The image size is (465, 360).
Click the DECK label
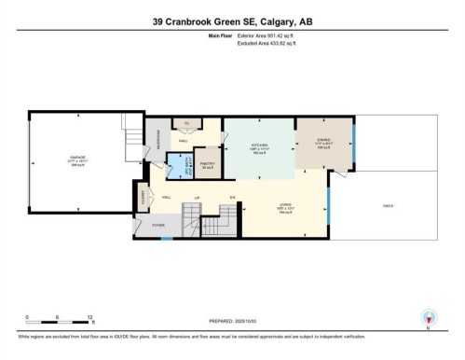click(x=387, y=205)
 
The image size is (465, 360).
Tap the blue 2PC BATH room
click(x=175, y=169)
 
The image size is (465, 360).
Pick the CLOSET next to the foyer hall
click(x=144, y=197)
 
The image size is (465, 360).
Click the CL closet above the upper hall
click(x=186, y=123)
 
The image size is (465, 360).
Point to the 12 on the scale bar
click(x=88, y=316)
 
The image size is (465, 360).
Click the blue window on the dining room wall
click(x=353, y=149)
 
